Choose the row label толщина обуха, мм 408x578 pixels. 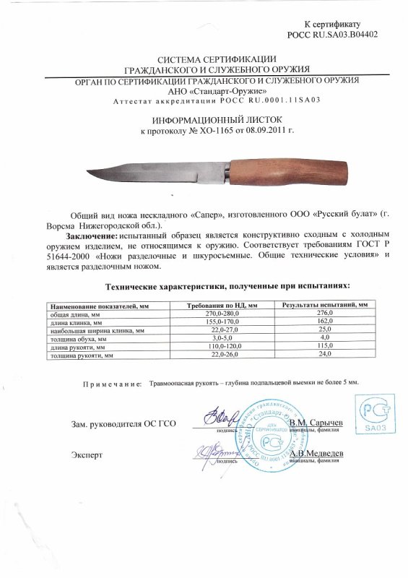pyautogui.click(x=78, y=338)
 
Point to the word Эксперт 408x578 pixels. pyautogui.click(x=87, y=454)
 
